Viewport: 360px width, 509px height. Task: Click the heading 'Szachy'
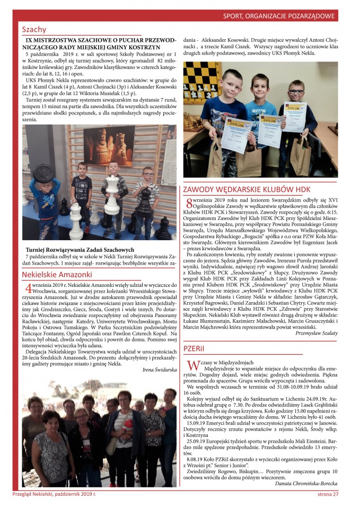tap(34, 30)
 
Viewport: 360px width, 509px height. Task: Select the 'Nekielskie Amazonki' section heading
tap(57, 275)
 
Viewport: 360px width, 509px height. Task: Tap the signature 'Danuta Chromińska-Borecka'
tap(306, 484)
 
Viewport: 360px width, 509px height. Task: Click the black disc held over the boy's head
tap(43, 173)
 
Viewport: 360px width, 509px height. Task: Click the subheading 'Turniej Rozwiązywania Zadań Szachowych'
tap(80, 250)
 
